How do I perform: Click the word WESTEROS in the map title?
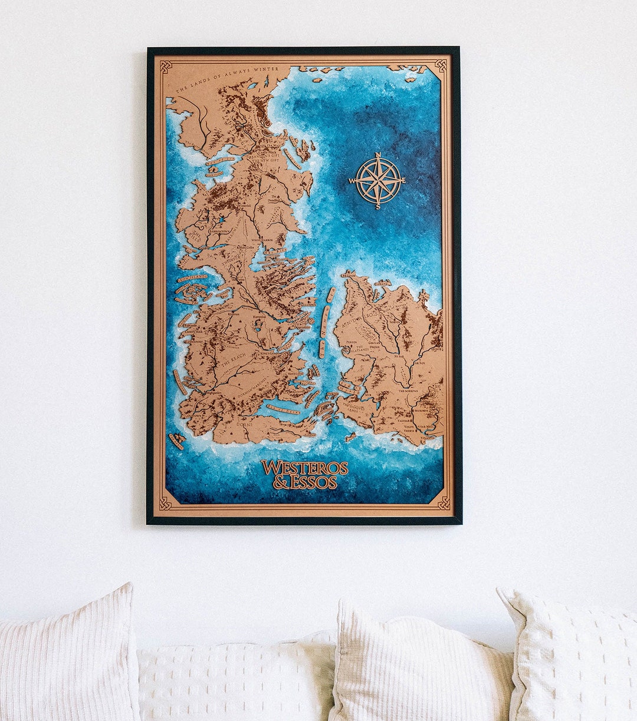coord(304,468)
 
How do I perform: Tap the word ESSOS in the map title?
coord(313,482)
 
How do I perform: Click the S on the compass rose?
coord(378,207)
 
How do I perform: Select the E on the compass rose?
coord(403,180)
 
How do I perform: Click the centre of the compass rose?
coord(378,181)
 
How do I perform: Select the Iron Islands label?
coord(192,277)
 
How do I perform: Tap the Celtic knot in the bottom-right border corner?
coord(444,502)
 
